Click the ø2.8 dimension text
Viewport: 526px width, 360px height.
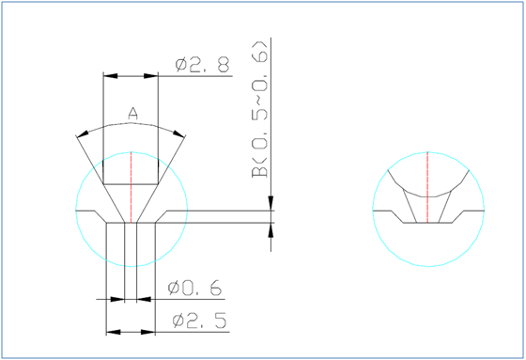202,65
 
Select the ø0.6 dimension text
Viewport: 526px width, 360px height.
196,288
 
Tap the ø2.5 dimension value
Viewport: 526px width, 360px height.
200,321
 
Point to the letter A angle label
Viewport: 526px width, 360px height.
132,113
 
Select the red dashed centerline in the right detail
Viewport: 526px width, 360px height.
427,188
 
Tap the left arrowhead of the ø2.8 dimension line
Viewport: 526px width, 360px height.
108,75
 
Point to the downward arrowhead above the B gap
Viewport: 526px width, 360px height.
272,205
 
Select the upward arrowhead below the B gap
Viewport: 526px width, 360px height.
272,230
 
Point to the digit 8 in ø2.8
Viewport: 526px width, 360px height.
222,65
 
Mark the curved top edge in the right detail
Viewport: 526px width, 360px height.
427,154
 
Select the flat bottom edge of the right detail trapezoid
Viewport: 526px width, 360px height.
427,224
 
